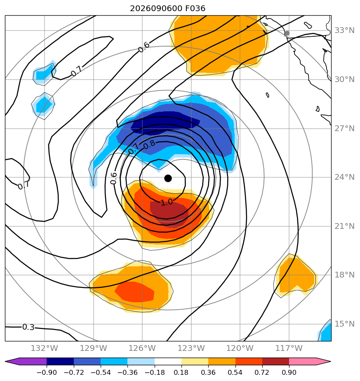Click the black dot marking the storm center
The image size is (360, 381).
(x=168, y=179)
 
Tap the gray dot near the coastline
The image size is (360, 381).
(x=287, y=33)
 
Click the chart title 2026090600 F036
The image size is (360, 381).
(x=168, y=9)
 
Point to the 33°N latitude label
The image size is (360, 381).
(x=344, y=31)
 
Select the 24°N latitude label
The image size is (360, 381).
(x=344, y=177)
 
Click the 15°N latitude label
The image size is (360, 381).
(x=344, y=324)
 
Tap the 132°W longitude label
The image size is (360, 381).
(x=45, y=348)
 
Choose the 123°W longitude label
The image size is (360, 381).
(x=191, y=348)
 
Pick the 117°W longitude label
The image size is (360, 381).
(x=289, y=348)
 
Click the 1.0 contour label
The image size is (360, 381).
(x=167, y=202)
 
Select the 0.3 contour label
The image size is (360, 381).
(x=28, y=327)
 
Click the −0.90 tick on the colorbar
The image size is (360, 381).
(x=47, y=372)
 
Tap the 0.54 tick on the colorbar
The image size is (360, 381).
(x=235, y=372)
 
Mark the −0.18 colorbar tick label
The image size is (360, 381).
(x=155, y=372)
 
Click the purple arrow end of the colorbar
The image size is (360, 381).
(x=26, y=361)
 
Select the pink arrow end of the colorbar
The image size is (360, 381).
(x=310, y=361)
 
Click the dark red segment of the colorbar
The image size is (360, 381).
(x=275, y=361)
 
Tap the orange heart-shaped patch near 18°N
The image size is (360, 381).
(x=296, y=275)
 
